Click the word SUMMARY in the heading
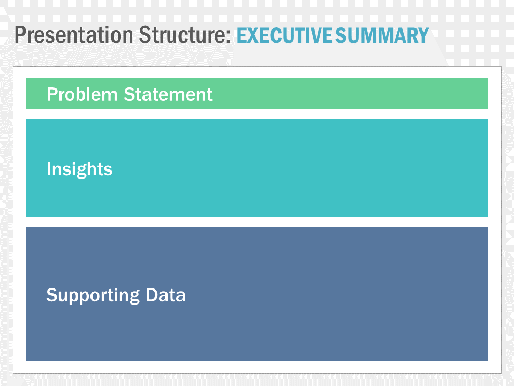(x=382, y=35)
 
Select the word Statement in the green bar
(x=168, y=94)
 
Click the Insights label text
(x=79, y=169)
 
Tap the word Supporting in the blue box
(x=93, y=295)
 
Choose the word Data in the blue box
(x=165, y=294)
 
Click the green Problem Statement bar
(x=348, y=93)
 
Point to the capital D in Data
(x=151, y=294)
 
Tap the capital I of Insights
(x=49, y=169)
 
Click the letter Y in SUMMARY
(x=423, y=35)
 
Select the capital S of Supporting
(x=51, y=294)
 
